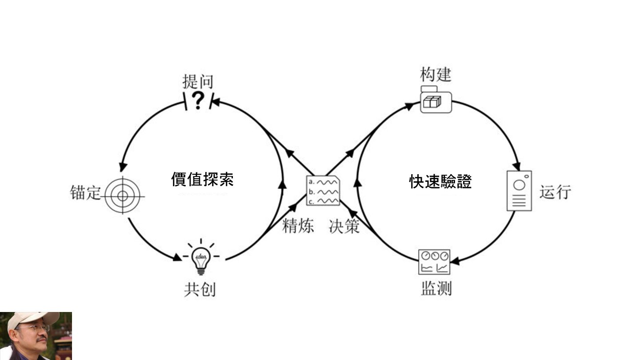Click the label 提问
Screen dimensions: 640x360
(x=198, y=81)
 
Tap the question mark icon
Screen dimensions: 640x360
(x=198, y=101)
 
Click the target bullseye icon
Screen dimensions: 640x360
(x=123, y=196)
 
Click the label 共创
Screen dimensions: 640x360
(x=200, y=289)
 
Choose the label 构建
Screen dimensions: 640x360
(x=436, y=74)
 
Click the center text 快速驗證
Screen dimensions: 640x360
(x=440, y=181)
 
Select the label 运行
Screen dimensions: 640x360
(x=555, y=192)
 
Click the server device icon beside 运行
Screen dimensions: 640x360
(x=519, y=191)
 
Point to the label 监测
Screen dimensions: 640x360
(x=436, y=288)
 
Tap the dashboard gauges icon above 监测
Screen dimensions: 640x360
(x=434, y=262)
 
